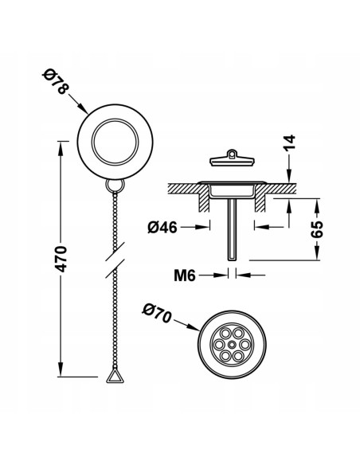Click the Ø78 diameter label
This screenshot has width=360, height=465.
[56, 81]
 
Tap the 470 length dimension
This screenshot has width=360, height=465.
[61, 259]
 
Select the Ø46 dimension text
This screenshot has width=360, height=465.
[162, 228]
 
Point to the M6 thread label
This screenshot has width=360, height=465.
[185, 275]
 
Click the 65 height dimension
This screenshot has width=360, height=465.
[317, 229]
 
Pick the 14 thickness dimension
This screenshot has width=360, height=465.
[289, 143]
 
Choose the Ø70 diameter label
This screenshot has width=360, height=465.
[157, 313]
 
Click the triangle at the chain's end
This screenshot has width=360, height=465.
[115, 376]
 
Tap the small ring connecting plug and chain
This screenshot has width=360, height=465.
[115, 186]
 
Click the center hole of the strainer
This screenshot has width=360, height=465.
[232, 344]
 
